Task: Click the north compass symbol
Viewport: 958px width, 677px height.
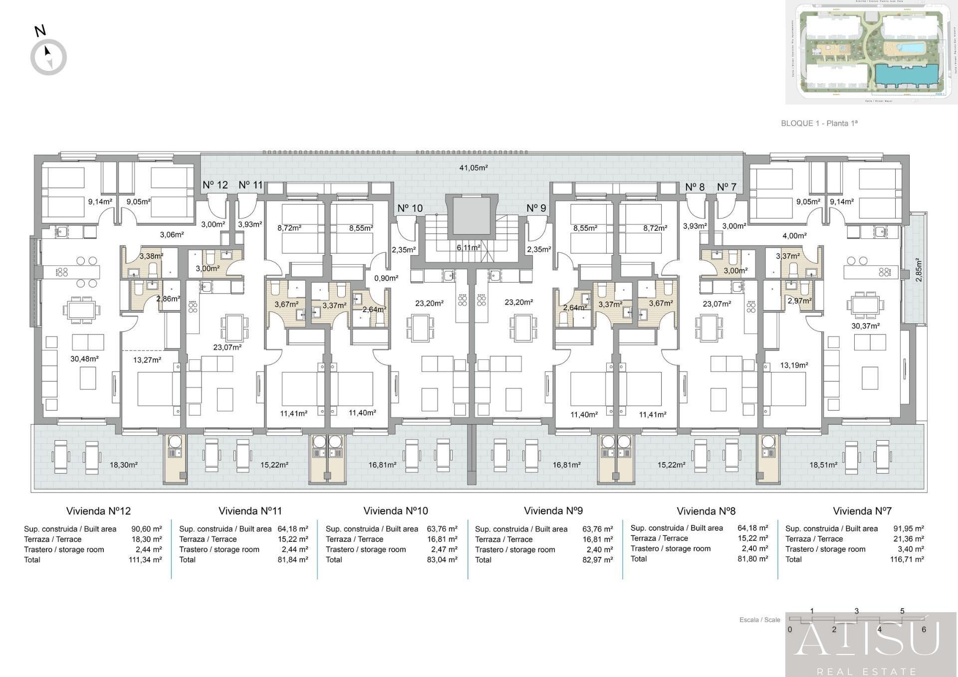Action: tap(48, 57)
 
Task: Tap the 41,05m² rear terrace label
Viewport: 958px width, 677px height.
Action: tap(473, 168)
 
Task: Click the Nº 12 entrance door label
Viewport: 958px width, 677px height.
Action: tap(215, 185)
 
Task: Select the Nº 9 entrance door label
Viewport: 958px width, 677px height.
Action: tap(536, 208)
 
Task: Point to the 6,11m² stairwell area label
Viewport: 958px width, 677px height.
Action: tap(468, 248)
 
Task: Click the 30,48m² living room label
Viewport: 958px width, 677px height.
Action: tap(84, 359)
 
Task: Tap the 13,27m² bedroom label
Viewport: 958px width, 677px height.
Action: tap(147, 360)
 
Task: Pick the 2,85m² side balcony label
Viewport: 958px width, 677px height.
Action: tap(919, 270)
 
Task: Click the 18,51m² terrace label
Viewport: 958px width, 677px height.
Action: tap(823, 465)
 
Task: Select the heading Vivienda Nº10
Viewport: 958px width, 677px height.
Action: tap(395, 511)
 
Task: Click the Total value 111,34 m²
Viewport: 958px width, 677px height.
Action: tap(145, 560)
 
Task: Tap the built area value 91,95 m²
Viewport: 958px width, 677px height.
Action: tap(908, 528)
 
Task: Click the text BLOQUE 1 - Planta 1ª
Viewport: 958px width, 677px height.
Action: tap(819, 123)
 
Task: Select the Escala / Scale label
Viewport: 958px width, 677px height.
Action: tap(759, 620)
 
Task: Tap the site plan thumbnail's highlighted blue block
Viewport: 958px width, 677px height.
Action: tap(903, 76)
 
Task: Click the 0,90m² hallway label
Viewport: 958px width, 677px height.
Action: tap(386, 278)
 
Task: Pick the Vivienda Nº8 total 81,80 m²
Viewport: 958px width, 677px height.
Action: tap(752, 559)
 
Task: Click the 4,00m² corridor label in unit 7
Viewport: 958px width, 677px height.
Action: tap(794, 236)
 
